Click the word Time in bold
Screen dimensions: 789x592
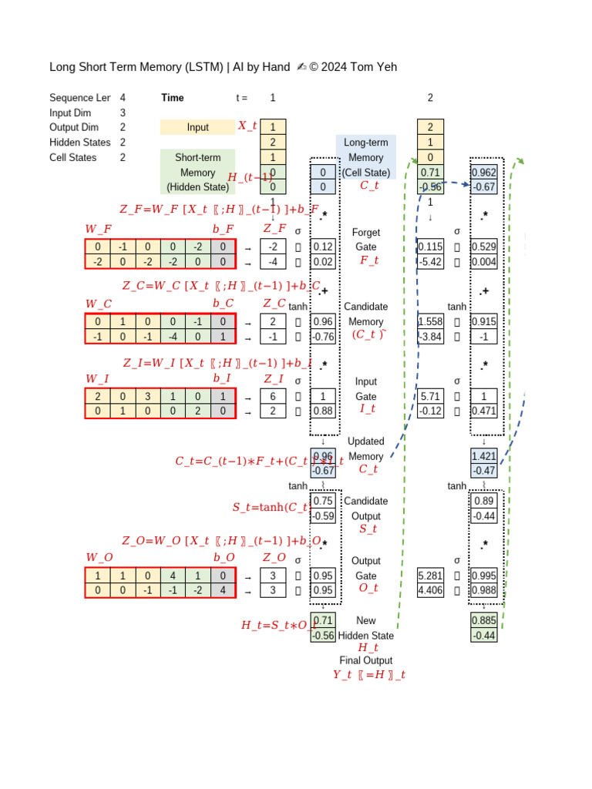pos(173,98)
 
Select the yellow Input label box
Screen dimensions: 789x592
pos(197,127)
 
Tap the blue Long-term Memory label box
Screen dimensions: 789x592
pos(365,157)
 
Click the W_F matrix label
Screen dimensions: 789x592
pos(99,229)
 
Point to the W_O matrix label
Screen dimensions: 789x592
pos(99,557)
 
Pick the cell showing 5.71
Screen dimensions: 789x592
pos(429,396)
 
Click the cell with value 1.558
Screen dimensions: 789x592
pos(429,321)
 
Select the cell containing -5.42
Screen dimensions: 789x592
pos(429,262)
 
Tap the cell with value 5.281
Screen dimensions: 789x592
pos(429,576)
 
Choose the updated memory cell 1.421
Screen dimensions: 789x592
pos(483,456)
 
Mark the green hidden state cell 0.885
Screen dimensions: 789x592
pos(483,620)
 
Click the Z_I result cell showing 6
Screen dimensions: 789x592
pos(273,396)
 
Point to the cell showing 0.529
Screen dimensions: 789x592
pos(483,247)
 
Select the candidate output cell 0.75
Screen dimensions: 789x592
pos(323,501)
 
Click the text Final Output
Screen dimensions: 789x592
pos(365,660)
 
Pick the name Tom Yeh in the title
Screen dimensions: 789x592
pos(373,67)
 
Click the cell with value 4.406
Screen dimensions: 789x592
pos(429,591)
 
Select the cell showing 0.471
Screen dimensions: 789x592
pos(483,411)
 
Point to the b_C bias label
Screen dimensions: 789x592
pos(224,304)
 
